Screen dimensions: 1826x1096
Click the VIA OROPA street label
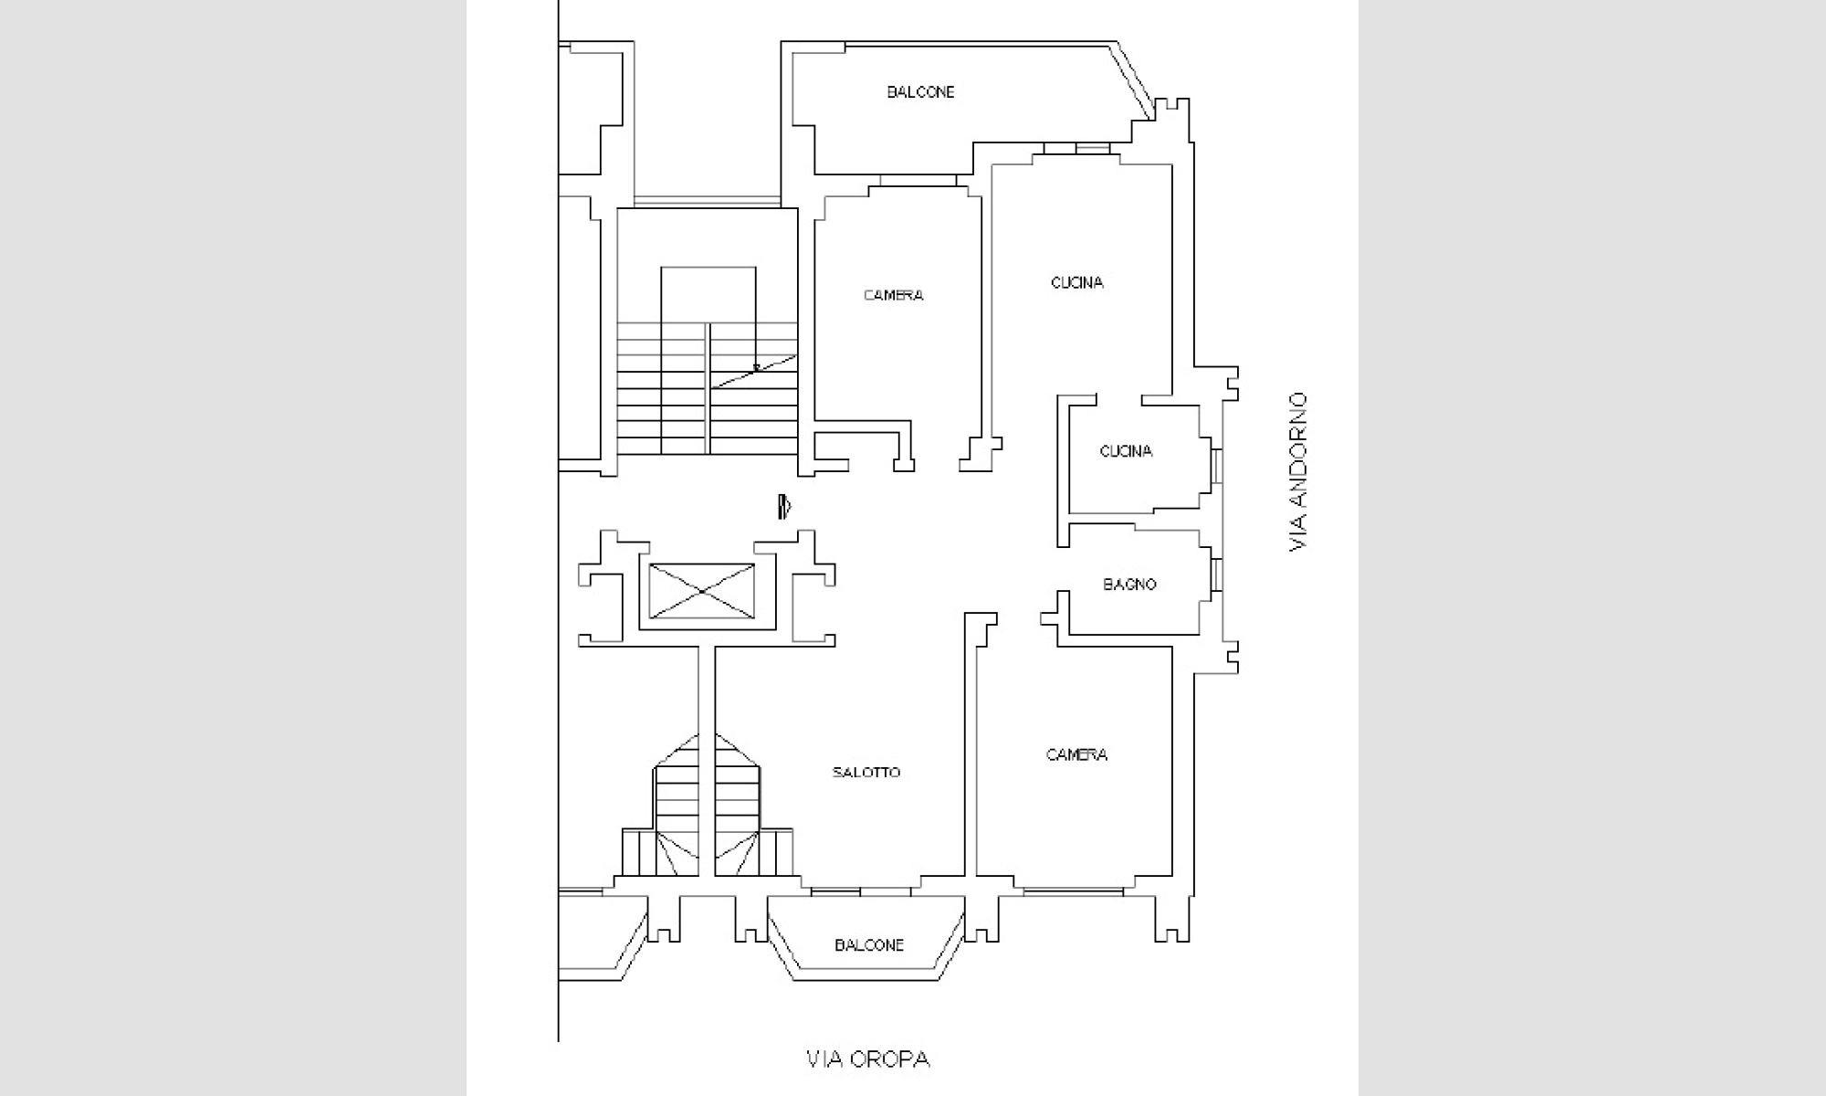click(867, 1059)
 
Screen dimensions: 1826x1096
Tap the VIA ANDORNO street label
click(1297, 471)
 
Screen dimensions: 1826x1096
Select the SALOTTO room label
click(866, 773)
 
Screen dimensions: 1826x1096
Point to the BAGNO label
click(1129, 585)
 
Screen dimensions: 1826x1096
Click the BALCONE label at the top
click(920, 92)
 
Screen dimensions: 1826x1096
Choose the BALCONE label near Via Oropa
click(869, 945)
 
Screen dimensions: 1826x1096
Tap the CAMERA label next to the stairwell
click(893, 295)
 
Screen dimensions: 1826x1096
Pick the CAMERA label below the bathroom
click(1076, 754)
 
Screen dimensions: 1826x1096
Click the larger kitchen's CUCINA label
click(1077, 283)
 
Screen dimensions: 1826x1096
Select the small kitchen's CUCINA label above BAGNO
click(1126, 451)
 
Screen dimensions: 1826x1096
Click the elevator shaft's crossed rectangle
click(702, 592)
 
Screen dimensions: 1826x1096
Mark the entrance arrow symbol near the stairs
click(784, 506)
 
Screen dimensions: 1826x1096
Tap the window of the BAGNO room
click(1216, 575)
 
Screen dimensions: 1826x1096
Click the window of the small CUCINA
click(1216, 467)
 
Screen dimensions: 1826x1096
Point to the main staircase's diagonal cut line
click(754, 371)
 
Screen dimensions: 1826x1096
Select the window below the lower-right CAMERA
click(1074, 890)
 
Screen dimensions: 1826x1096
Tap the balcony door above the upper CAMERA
click(918, 181)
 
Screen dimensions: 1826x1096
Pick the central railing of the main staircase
click(708, 388)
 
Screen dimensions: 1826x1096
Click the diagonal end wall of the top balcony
click(1135, 79)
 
